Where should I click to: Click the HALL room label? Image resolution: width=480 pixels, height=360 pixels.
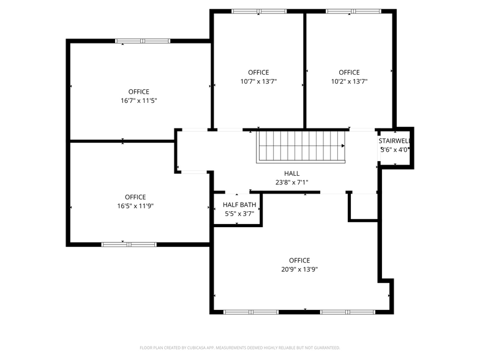[292, 173]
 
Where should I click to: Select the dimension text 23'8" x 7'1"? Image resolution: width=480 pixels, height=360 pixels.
[292, 182]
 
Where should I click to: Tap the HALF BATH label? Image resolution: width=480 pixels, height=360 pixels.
[239, 204]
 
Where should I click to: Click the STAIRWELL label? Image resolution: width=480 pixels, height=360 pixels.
[394, 140]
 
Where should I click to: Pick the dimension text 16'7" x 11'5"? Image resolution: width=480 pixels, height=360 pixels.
[139, 100]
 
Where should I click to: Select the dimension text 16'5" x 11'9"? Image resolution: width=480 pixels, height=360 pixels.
[135, 206]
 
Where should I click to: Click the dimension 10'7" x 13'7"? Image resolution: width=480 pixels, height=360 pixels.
[258, 81]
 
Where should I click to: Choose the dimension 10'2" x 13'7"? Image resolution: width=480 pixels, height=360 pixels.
[349, 81]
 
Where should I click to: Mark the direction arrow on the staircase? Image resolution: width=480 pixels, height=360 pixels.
[342, 146]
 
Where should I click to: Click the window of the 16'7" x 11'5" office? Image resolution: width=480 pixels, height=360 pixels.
[143, 41]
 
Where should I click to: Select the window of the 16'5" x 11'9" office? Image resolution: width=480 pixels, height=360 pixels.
[129, 244]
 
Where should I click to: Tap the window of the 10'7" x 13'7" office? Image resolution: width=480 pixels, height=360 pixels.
[259, 11]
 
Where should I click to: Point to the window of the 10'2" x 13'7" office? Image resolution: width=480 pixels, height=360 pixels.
[353, 11]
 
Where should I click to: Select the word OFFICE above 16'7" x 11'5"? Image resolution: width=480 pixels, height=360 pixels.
[139, 92]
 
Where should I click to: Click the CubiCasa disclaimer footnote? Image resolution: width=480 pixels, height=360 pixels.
[240, 347]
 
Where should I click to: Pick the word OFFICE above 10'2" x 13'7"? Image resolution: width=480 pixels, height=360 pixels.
[349, 72]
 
